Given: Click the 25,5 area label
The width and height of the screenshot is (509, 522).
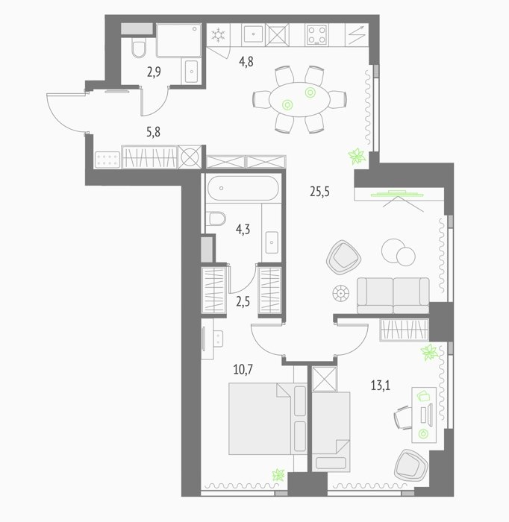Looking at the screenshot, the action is click(x=319, y=192).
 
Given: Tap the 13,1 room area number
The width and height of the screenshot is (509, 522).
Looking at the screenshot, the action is click(x=381, y=386).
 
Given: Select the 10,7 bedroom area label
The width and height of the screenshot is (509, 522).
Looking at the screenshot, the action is click(x=243, y=370).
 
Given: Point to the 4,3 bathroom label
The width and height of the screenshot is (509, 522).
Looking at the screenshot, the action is click(x=243, y=230).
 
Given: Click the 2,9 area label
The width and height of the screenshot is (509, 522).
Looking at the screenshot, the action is click(x=154, y=72).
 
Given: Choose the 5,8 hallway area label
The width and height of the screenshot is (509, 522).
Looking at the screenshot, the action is click(x=153, y=132).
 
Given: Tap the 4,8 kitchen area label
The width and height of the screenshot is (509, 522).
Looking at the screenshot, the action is click(x=246, y=62).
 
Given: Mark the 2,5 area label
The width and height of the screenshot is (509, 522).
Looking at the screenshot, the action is click(x=243, y=302).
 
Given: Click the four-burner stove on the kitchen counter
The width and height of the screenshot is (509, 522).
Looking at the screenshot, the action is click(x=316, y=35).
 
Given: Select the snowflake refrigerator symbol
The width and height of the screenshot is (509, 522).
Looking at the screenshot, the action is click(x=218, y=35).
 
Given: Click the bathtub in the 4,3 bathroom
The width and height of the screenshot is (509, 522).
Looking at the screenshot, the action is click(x=243, y=188).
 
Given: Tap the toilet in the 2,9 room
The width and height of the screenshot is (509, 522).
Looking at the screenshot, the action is click(x=138, y=48).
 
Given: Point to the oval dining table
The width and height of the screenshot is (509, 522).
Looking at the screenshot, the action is click(x=299, y=99).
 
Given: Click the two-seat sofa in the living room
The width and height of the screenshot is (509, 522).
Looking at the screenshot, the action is click(x=393, y=295).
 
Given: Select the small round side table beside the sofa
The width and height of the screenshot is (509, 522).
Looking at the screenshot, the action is click(x=341, y=294).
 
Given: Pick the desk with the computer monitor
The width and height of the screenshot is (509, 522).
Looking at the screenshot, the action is click(x=424, y=415).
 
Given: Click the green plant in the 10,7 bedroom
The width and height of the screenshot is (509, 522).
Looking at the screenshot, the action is click(x=278, y=475).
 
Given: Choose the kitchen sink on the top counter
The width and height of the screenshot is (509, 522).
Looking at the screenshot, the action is click(x=254, y=34).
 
